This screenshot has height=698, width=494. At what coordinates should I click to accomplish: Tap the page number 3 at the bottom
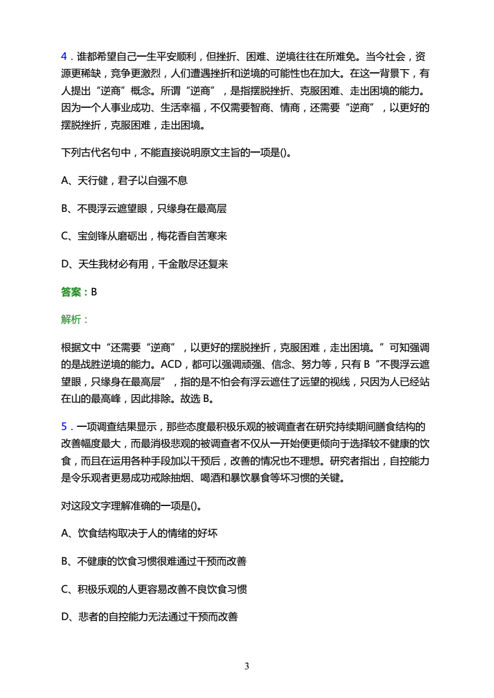pos(247,666)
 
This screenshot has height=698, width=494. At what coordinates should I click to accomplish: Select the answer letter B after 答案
pos(94,291)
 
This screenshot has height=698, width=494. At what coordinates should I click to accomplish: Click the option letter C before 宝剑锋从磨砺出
pos(65,236)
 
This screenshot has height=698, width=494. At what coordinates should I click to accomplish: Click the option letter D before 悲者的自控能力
pos(65,617)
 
